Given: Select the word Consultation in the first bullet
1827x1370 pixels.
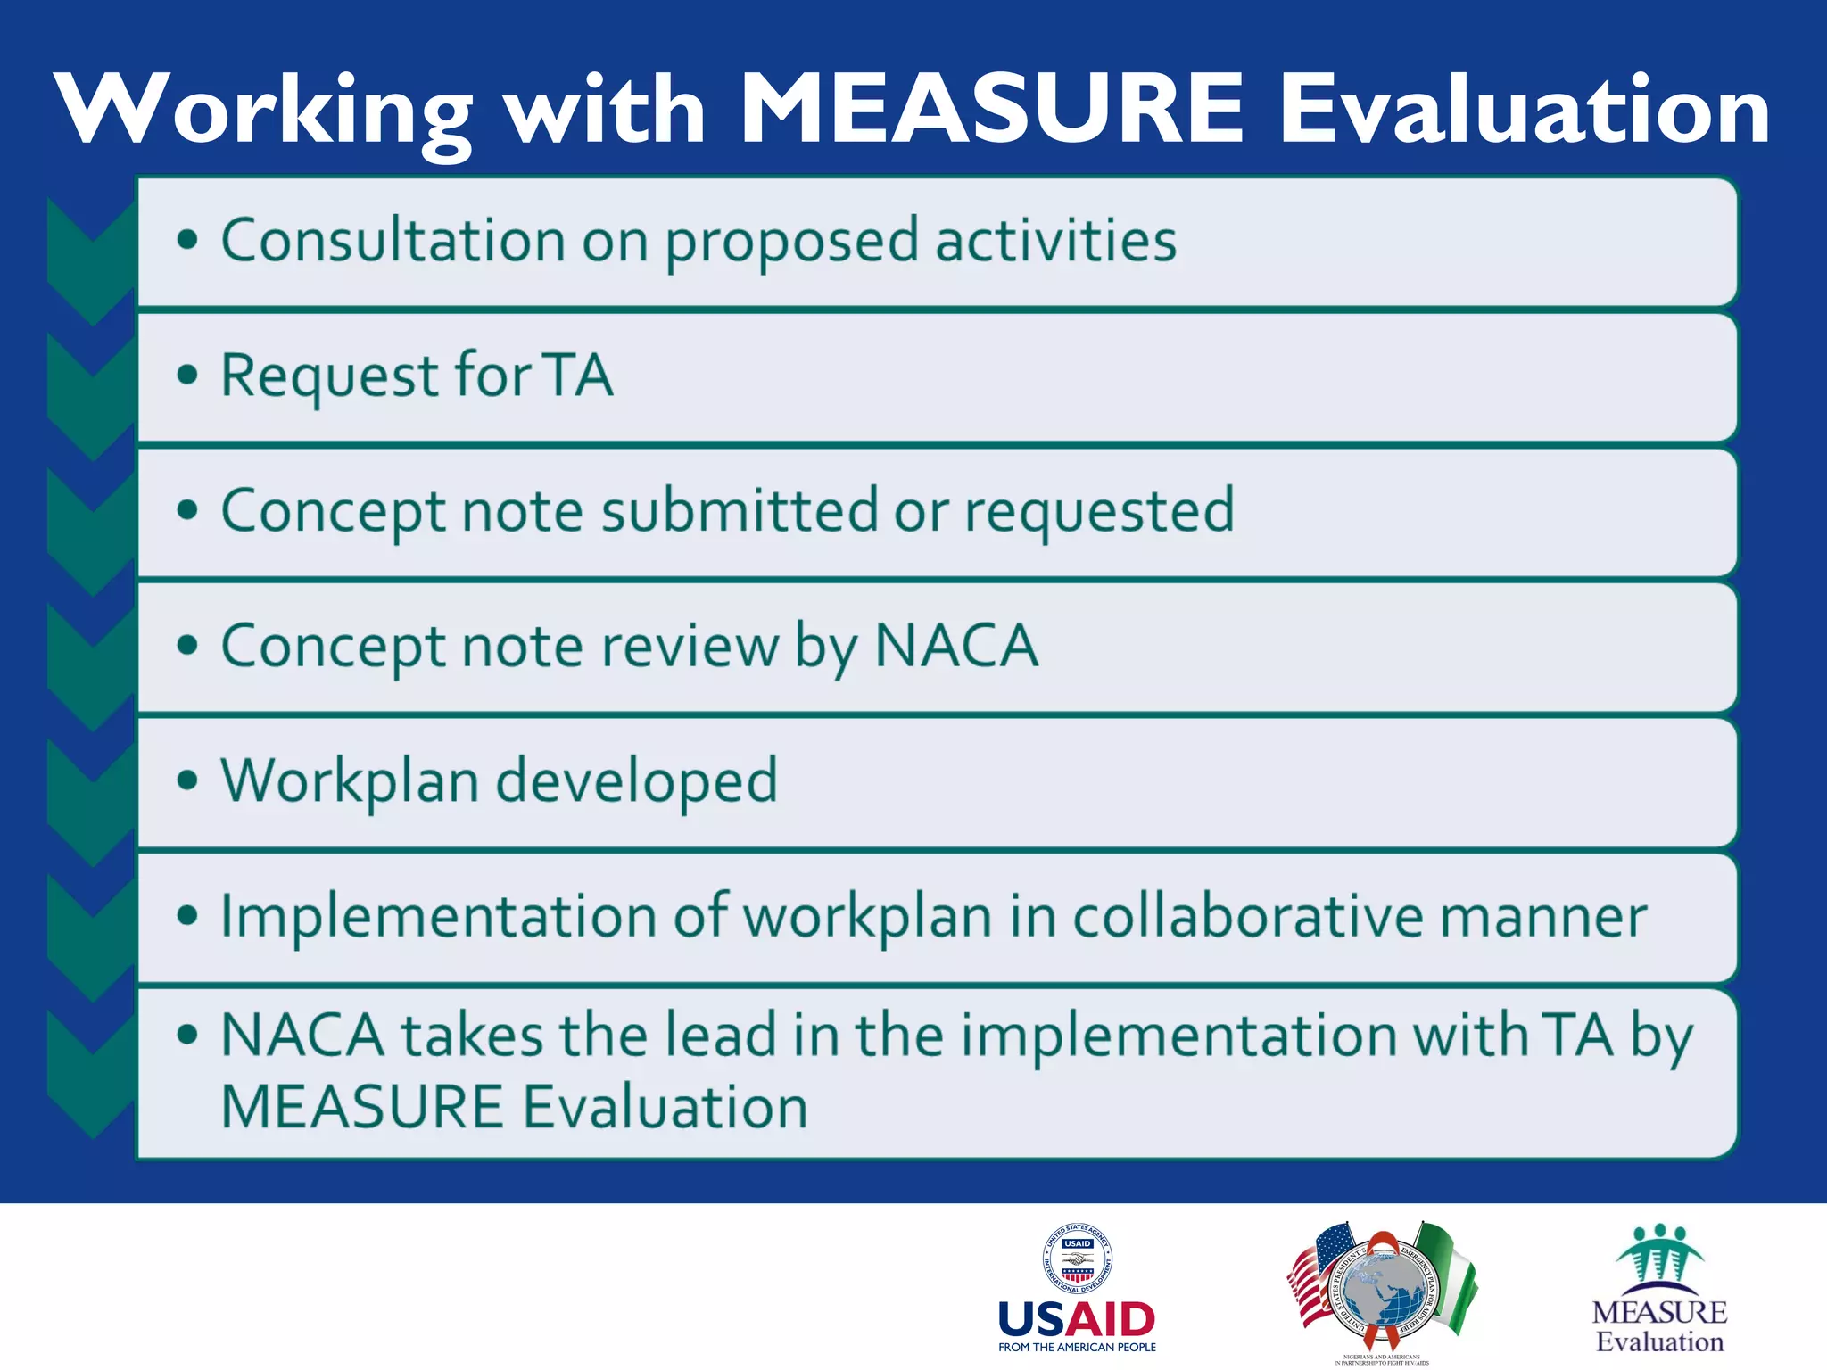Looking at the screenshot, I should (x=393, y=241).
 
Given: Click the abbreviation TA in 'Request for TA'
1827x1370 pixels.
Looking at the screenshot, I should (x=579, y=376).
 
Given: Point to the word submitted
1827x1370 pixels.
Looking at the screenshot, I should (x=740, y=511).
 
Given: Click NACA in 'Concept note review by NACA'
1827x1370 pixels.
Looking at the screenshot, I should (x=956, y=646).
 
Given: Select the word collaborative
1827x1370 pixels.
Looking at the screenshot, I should (x=1248, y=917).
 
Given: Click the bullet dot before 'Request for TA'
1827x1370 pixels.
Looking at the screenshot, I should (x=187, y=376).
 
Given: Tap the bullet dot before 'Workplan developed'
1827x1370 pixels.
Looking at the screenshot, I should (x=187, y=781).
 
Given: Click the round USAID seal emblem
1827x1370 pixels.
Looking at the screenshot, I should (x=1078, y=1258).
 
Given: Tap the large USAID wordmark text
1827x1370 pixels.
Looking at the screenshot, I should (x=1077, y=1319).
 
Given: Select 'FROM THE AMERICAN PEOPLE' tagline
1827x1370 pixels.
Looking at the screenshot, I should (x=1077, y=1348).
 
